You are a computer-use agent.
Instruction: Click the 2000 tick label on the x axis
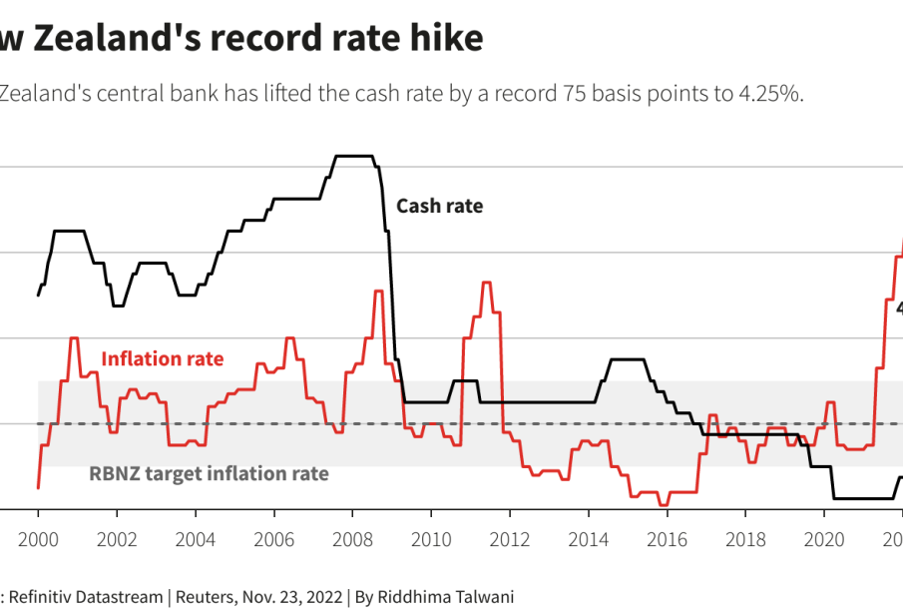pos(38,540)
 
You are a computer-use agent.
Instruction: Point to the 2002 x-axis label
pos(117,540)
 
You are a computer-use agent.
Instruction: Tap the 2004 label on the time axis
pos(196,540)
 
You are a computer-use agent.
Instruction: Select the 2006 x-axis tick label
pos(273,540)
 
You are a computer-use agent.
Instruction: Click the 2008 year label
pos(352,540)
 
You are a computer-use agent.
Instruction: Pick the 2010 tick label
pos(431,540)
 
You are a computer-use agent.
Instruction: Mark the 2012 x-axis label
pos(510,540)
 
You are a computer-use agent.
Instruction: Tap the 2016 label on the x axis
pos(667,540)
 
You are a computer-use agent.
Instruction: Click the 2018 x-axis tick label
pos(745,540)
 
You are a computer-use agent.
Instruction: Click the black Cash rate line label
pos(439,207)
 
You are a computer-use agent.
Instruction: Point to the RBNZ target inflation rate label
pos(209,473)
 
